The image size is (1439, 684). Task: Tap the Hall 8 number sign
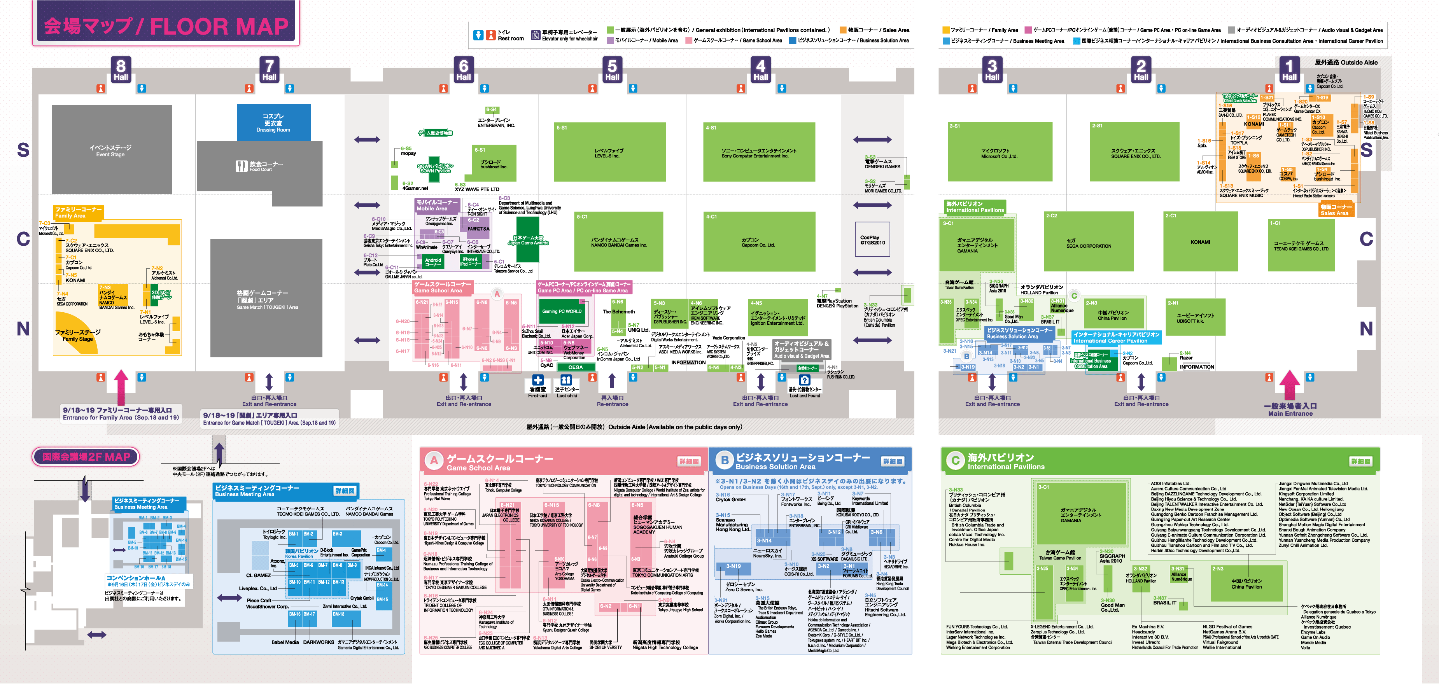click(121, 69)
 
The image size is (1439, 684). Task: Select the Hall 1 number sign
click(1289, 69)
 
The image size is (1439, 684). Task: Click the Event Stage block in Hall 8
click(111, 150)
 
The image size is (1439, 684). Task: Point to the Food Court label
click(260, 166)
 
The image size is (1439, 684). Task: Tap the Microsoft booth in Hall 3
click(1000, 152)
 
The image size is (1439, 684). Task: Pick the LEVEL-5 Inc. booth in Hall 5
click(609, 152)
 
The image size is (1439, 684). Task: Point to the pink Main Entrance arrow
click(1289, 385)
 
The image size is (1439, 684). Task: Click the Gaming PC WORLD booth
click(562, 311)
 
